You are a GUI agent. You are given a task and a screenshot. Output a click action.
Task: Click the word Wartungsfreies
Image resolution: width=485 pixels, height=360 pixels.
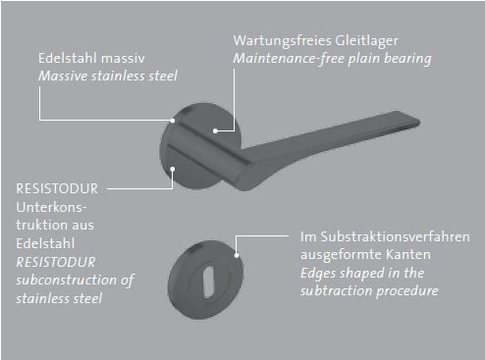tap(277, 40)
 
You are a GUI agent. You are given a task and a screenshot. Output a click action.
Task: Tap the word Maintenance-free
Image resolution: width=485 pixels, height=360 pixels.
tap(289, 59)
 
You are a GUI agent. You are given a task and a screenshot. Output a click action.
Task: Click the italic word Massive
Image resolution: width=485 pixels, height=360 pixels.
tap(63, 76)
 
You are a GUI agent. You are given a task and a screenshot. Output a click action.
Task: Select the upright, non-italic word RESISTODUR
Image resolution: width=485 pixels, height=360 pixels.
tap(57, 188)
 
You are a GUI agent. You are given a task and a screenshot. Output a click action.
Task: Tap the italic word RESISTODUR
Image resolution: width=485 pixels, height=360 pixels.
tap(56, 262)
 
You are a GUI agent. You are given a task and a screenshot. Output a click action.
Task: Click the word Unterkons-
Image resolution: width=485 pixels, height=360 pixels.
tap(51, 207)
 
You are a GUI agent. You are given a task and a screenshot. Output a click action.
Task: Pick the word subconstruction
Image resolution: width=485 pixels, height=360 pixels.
tap(67, 280)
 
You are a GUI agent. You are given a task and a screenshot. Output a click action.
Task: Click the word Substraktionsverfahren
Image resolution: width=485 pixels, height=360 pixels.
tap(395, 236)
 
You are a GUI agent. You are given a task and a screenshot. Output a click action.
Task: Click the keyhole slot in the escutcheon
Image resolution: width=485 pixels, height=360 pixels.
tap(208, 282)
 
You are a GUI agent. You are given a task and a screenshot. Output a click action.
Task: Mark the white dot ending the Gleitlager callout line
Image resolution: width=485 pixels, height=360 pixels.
tap(215, 130)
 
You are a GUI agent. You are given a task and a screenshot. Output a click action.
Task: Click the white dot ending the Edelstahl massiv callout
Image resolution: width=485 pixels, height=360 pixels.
tap(173, 121)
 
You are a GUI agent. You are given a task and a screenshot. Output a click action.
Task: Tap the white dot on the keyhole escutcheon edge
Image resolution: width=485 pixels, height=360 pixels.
tap(237, 255)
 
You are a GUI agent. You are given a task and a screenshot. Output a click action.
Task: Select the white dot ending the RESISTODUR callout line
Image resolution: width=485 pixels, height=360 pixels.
tap(173, 169)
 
